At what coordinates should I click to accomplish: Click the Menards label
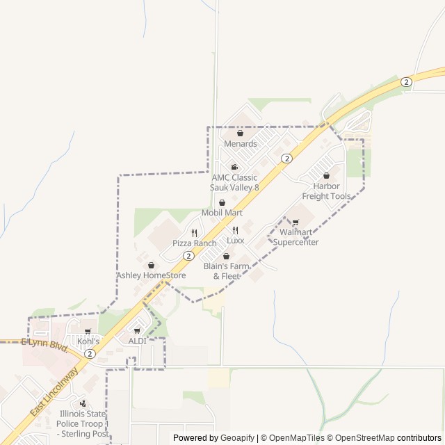[x=240, y=144]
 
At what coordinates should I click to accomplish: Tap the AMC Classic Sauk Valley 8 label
[x=235, y=182]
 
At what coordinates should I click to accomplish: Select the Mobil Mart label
[x=222, y=212]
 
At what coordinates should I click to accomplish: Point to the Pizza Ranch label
[x=195, y=243]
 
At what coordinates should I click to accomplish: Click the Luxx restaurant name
[x=236, y=241]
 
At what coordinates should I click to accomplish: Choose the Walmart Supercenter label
[x=296, y=237]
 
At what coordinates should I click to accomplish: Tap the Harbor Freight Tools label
[x=331, y=191]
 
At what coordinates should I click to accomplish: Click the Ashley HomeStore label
[x=151, y=275]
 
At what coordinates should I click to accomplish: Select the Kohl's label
[x=88, y=341]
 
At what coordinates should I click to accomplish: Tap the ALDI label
[x=137, y=341]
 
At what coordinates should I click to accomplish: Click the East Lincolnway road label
[x=54, y=393]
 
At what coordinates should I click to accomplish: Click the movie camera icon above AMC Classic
[x=235, y=167]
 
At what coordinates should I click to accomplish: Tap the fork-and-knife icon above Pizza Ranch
[x=195, y=233]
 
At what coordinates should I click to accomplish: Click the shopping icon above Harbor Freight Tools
[x=327, y=176]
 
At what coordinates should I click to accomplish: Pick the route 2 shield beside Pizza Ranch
[x=188, y=256]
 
